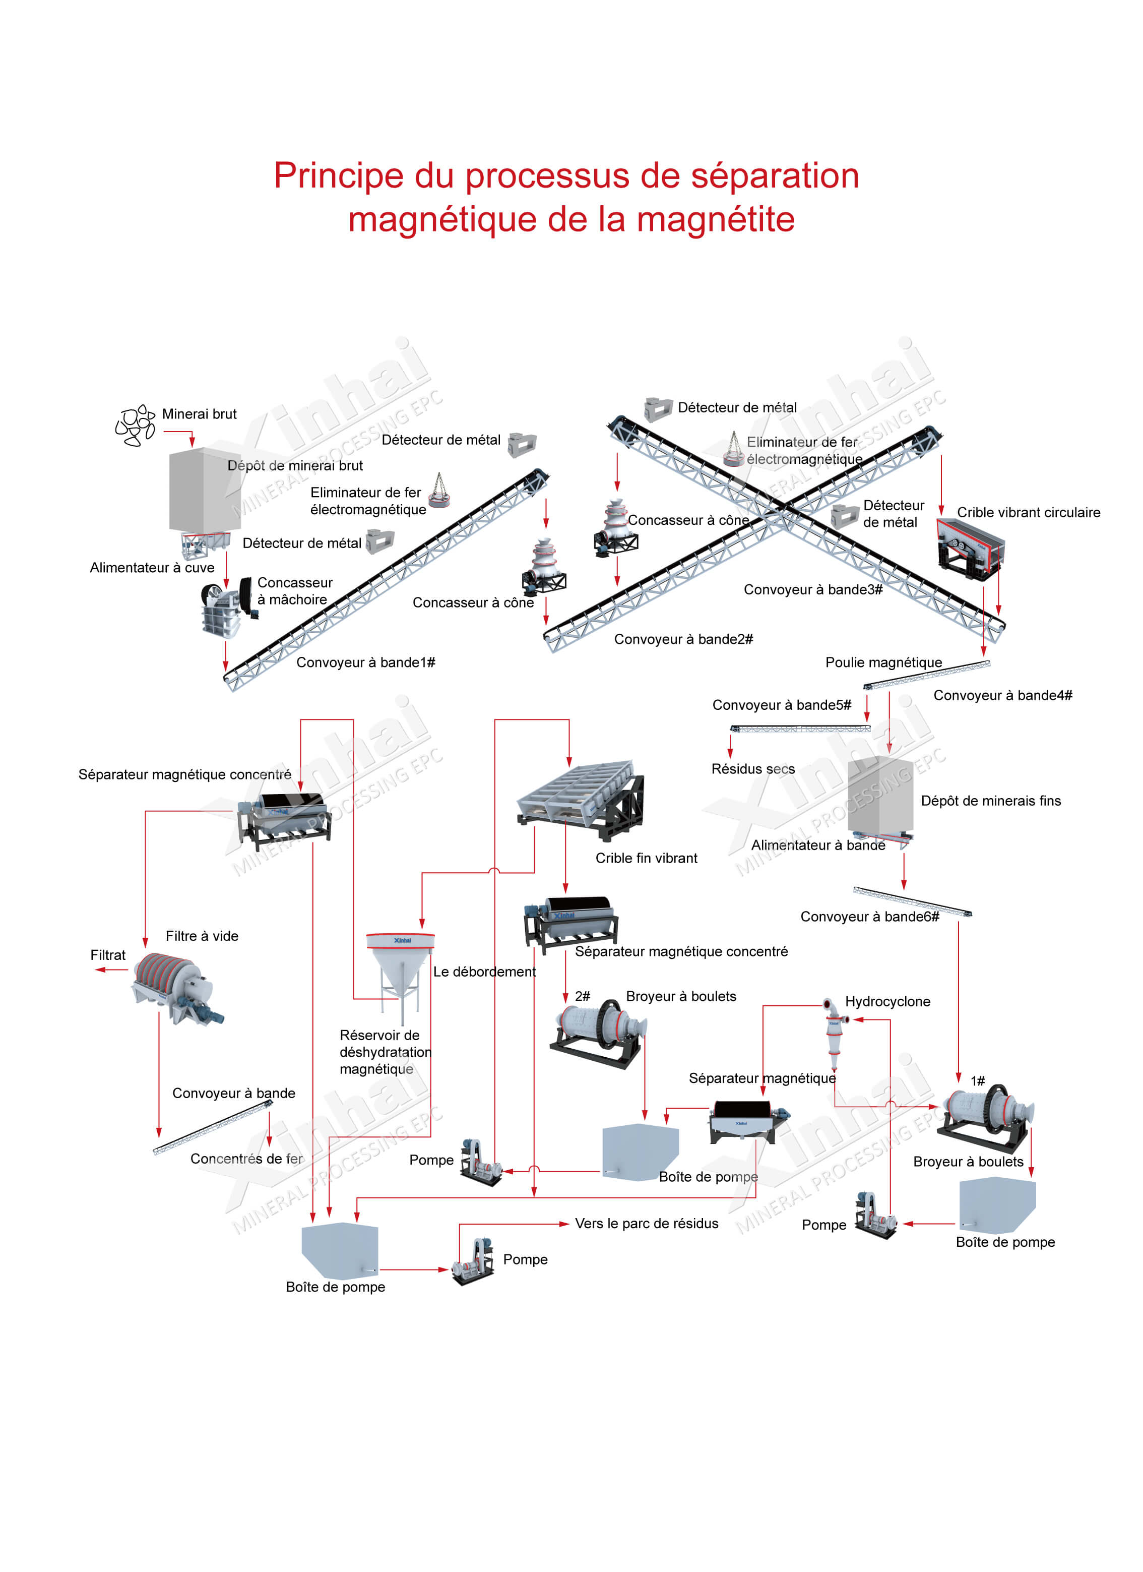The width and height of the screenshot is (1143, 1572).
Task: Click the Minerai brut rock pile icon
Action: (x=135, y=426)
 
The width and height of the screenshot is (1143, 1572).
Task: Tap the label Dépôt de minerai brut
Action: (x=295, y=466)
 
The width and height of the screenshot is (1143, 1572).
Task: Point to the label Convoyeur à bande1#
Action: (x=366, y=662)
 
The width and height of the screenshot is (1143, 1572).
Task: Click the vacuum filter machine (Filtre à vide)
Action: (x=178, y=988)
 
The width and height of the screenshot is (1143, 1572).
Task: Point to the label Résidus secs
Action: (x=753, y=769)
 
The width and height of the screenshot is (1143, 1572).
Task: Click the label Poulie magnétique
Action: (x=883, y=662)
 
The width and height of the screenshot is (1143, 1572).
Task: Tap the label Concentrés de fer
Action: (x=246, y=1159)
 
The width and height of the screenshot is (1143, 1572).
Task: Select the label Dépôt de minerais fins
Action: (x=991, y=801)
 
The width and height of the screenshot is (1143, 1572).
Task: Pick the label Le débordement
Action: (x=484, y=972)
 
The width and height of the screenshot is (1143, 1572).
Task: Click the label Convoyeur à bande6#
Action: (x=869, y=917)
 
